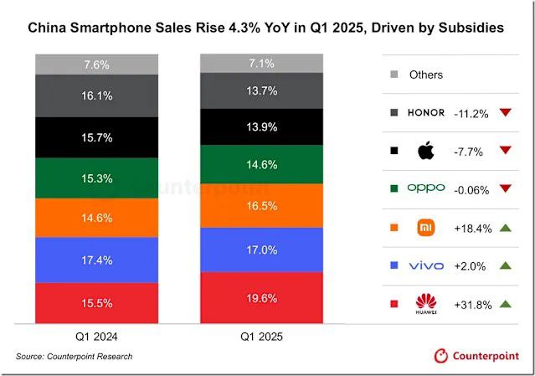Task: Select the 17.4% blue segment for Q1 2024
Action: tap(96, 260)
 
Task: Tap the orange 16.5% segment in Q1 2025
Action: tap(260, 205)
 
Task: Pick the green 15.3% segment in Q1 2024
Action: tap(96, 178)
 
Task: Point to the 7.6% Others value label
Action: tap(96, 64)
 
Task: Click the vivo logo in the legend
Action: tap(426, 265)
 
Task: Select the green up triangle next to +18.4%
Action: tap(505, 227)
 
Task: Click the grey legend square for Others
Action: tap(394, 75)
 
